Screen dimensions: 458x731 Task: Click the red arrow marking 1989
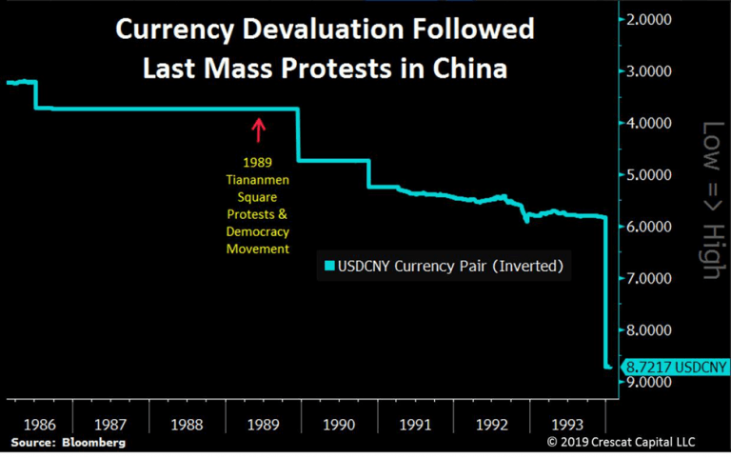coord(257,129)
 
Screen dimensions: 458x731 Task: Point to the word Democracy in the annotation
coord(257,232)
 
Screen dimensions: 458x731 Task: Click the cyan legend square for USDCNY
coord(329,267)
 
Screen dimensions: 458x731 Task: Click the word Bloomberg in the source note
coord(94,443)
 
